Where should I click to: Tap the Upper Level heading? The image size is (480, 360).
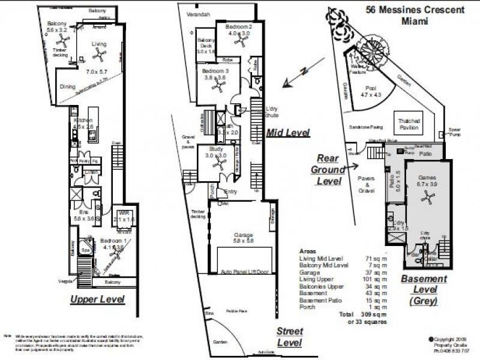[x=97, y=298]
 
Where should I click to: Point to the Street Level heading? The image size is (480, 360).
[x=289, y=337]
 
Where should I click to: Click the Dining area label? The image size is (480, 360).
[x=68, y=86]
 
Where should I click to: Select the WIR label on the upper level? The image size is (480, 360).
[x=124, y=214]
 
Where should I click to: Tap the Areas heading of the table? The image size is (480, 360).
[x=308, y=251]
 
